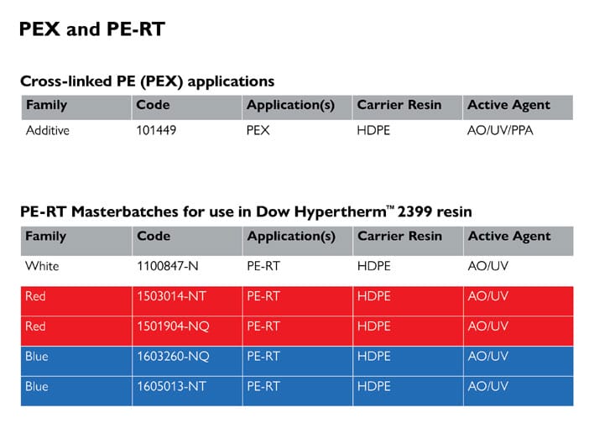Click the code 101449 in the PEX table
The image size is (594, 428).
(x=156, y=130)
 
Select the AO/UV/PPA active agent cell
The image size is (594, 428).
(x=500, y=130)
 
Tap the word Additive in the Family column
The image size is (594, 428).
(x=48, y=130)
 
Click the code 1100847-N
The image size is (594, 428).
(x=168, y=266)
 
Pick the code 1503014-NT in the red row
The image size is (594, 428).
(x=171, y=296)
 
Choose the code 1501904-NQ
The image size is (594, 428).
(x=173, y=326)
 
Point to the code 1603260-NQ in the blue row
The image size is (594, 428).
(x=173, y=357)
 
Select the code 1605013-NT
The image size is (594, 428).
(x=171, y=386)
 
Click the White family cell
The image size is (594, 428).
(x=42, y=266)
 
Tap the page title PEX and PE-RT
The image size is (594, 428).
(x=92, y=29)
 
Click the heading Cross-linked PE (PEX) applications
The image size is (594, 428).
(x=148, y=81)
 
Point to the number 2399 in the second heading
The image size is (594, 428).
(x=414, y=211)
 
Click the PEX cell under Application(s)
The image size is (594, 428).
(x=258, y=130)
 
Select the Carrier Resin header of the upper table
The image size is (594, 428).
(x=399, y=105)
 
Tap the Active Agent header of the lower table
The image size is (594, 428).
(x=509, y=237)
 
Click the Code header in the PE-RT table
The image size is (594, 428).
(x=154, y=236)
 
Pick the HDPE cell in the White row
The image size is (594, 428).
(x=374, y=266)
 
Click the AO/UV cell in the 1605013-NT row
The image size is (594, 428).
(x=488, y=386)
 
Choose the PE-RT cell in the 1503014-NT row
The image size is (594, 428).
(x=263, y=296)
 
